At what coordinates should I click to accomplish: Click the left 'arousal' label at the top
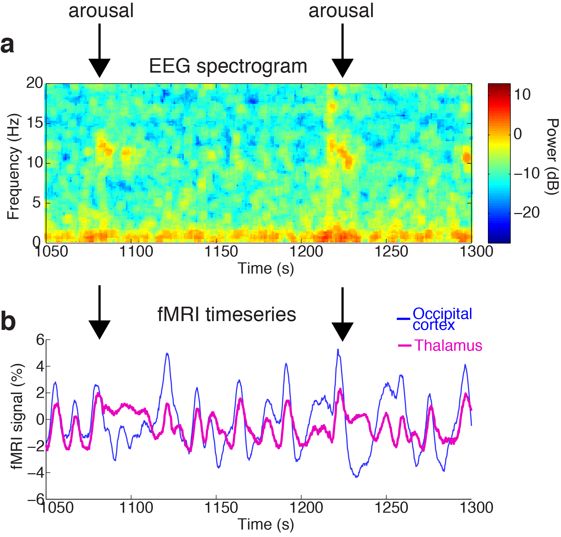(101, 11)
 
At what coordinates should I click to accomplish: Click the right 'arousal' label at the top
(341, 11)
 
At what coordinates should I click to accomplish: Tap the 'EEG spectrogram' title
(228, 66)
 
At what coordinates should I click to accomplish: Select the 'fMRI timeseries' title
(226, 315)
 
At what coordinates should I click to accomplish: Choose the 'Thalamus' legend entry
(448, 346)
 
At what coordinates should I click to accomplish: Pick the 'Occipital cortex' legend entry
(442, 319)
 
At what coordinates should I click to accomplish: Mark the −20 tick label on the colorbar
(526, 212)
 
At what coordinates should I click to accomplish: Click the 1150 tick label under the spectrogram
(221, 252)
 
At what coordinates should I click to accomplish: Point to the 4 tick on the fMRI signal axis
(40, 366)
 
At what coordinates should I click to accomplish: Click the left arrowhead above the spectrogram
(99, 68)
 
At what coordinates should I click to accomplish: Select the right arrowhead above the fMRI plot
(342, 332)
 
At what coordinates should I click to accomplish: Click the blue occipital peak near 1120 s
(167, 354)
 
